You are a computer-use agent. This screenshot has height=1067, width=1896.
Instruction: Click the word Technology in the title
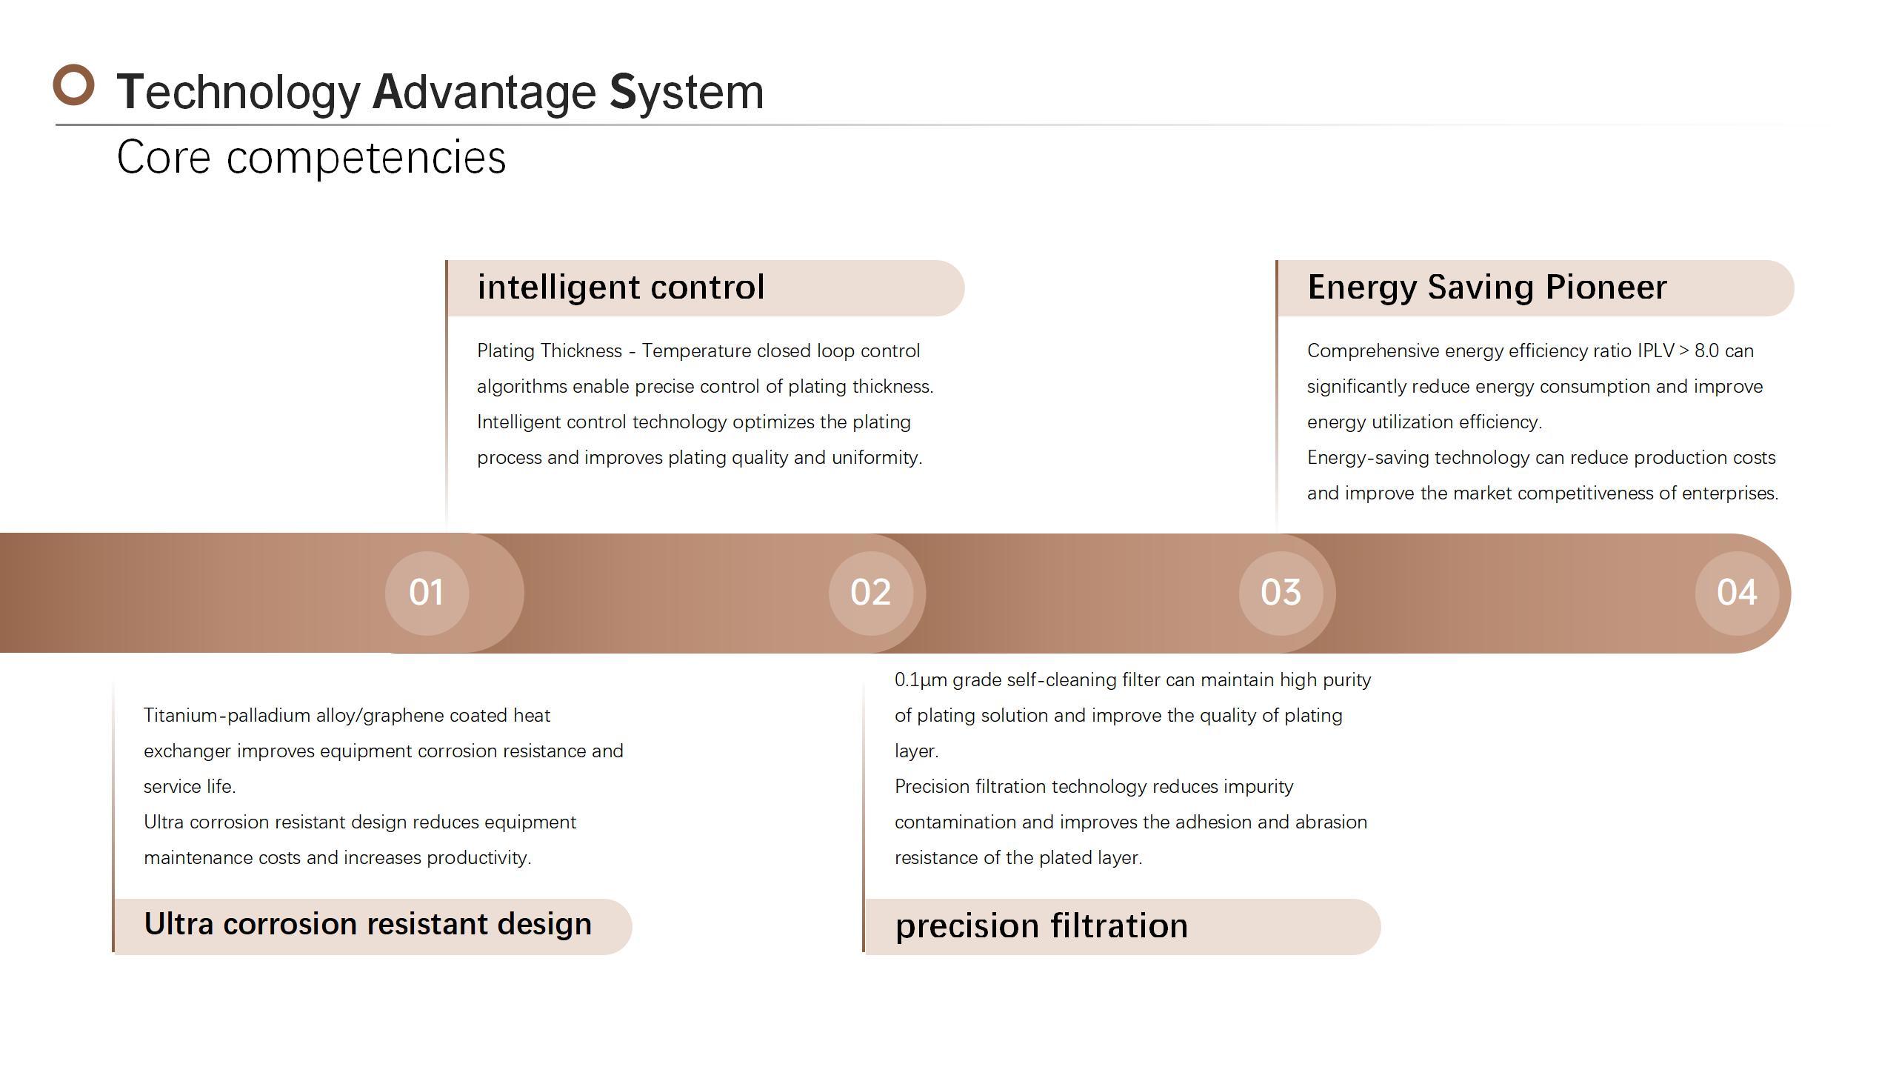[238, 93]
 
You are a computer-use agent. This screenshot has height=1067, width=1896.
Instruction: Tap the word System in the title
[686, 93]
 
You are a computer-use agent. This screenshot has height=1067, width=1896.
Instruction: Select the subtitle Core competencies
[311, 157]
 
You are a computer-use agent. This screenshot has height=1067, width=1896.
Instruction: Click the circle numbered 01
[427, 593]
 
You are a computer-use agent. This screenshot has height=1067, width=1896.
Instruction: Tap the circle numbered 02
[871, 593]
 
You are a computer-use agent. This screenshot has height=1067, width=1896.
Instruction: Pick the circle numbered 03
[1281, 593]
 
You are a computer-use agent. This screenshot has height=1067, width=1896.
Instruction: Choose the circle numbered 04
[1738, 593]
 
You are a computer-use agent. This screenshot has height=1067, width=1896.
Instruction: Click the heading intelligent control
[621, 287]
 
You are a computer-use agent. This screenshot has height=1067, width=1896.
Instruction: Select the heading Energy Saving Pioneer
[1487, 287]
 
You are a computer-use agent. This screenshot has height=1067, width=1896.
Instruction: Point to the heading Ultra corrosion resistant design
[368, 924]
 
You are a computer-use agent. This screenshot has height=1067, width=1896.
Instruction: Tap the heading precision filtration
[1041, 926]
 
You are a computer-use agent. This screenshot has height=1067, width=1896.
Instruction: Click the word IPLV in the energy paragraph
[1656, 350]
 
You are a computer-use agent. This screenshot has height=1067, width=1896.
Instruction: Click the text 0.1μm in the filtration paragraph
[921, 680]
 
